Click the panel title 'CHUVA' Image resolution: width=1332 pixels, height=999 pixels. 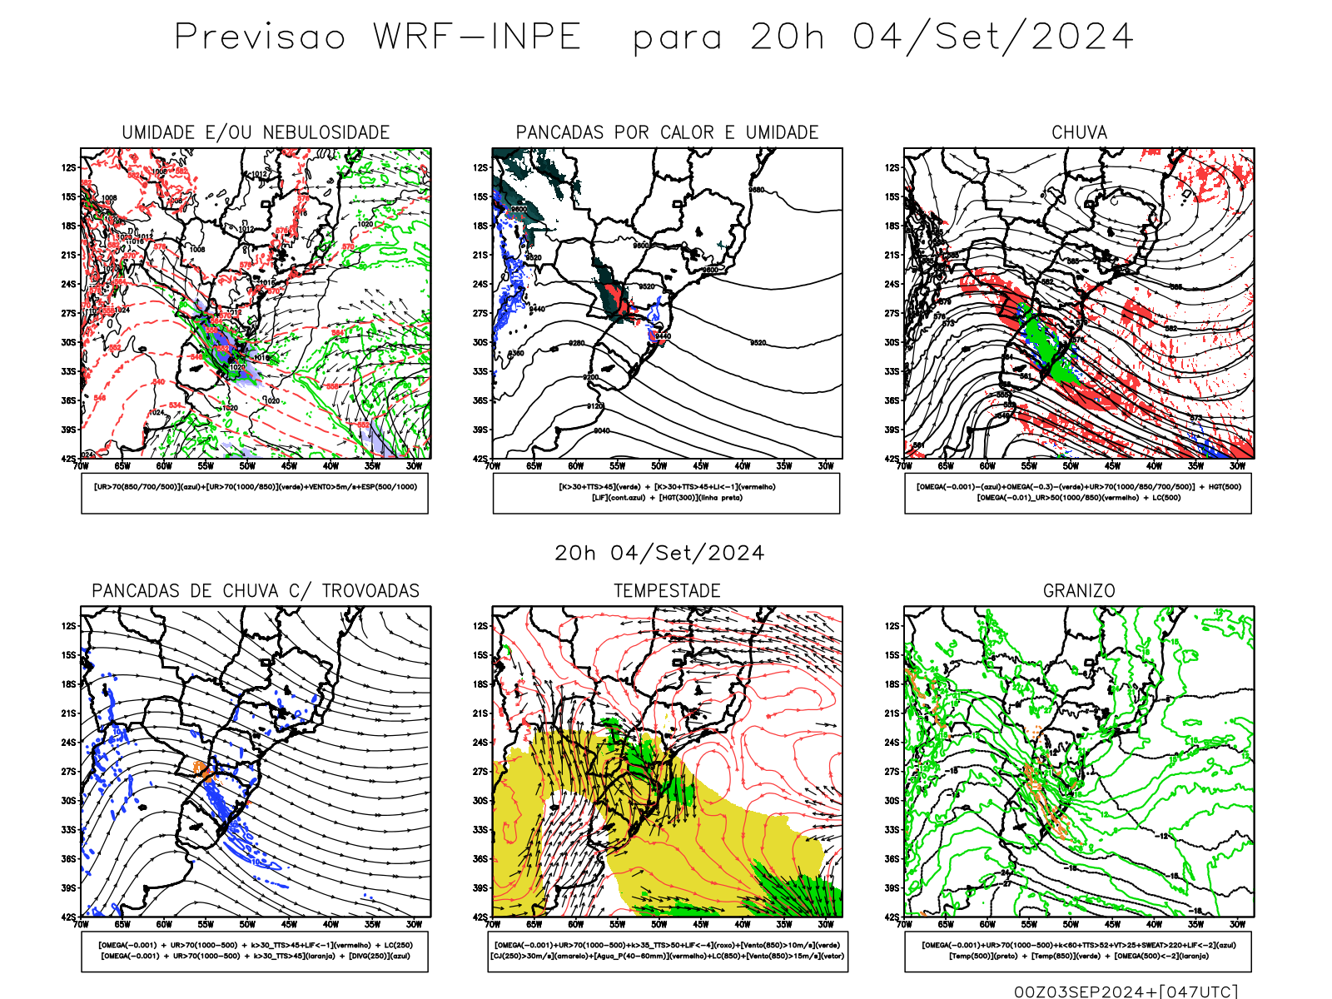tap(1079, 132)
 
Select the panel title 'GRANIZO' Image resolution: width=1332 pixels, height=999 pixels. tap(1079, 591)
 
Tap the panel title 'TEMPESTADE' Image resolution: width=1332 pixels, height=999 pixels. tap(667, 591)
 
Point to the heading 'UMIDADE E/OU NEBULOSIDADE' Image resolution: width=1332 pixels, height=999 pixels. tap(256, 132)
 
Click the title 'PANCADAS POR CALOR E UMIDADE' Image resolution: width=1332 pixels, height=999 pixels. tap(667, 132)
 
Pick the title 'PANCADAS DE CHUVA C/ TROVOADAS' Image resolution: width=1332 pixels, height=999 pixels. tap(256, 591)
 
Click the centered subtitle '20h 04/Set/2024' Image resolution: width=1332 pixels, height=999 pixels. tap(659, 553)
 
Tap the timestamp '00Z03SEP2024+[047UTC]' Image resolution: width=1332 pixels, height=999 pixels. tap(1126, 991)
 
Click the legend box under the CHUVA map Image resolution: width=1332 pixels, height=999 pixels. tap(1078, 493)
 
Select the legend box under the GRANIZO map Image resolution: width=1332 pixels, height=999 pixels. tap(1078, 951)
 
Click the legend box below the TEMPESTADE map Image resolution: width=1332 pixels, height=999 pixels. tap(667, 951)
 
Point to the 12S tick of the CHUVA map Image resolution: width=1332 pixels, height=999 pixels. tap(892, 168)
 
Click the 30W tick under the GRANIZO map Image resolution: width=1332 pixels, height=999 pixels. tap(1237, 924)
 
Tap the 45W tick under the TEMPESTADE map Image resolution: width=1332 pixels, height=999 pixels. tap(701, 924)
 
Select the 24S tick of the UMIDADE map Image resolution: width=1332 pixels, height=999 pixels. tap(68, 285)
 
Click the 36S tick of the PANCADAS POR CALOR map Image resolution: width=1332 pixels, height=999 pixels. tap(480, 401)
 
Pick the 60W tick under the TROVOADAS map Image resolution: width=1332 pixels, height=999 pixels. tap(164, 924)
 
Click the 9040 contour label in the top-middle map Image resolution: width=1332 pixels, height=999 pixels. tap(601, 431)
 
